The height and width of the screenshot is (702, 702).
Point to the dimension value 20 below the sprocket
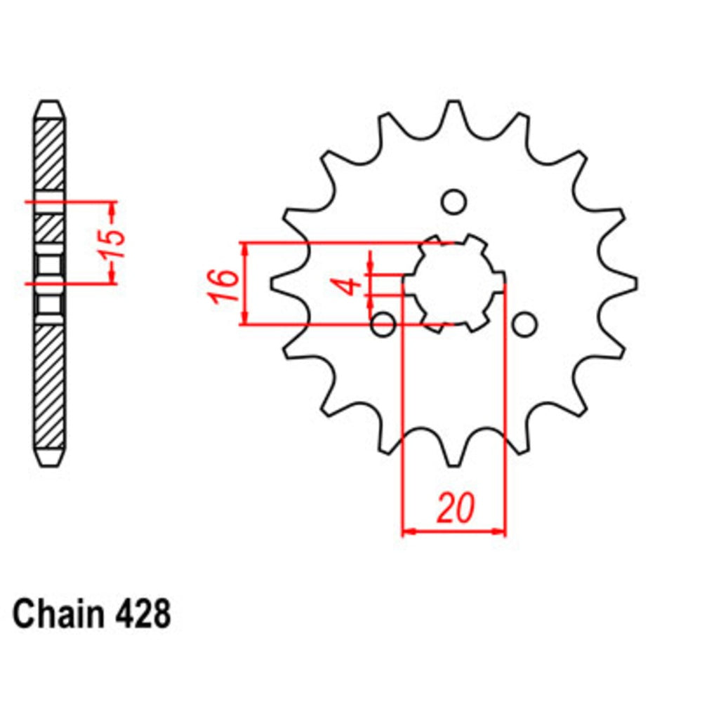click(454, 509)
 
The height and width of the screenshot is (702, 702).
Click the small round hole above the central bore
click(454, 201)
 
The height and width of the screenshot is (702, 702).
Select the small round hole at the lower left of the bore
click(383, 324)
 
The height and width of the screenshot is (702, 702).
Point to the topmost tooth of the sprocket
click(454, 112)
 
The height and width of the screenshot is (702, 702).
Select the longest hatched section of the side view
click(51, 386)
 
